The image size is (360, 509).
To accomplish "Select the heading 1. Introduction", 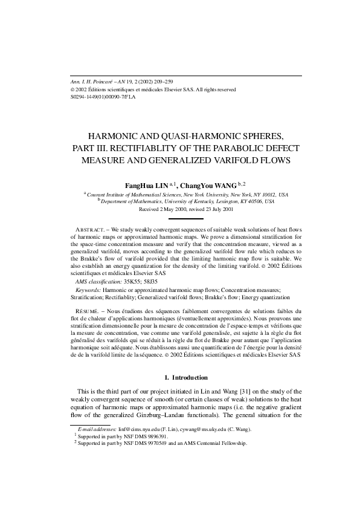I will click(180, 378).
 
